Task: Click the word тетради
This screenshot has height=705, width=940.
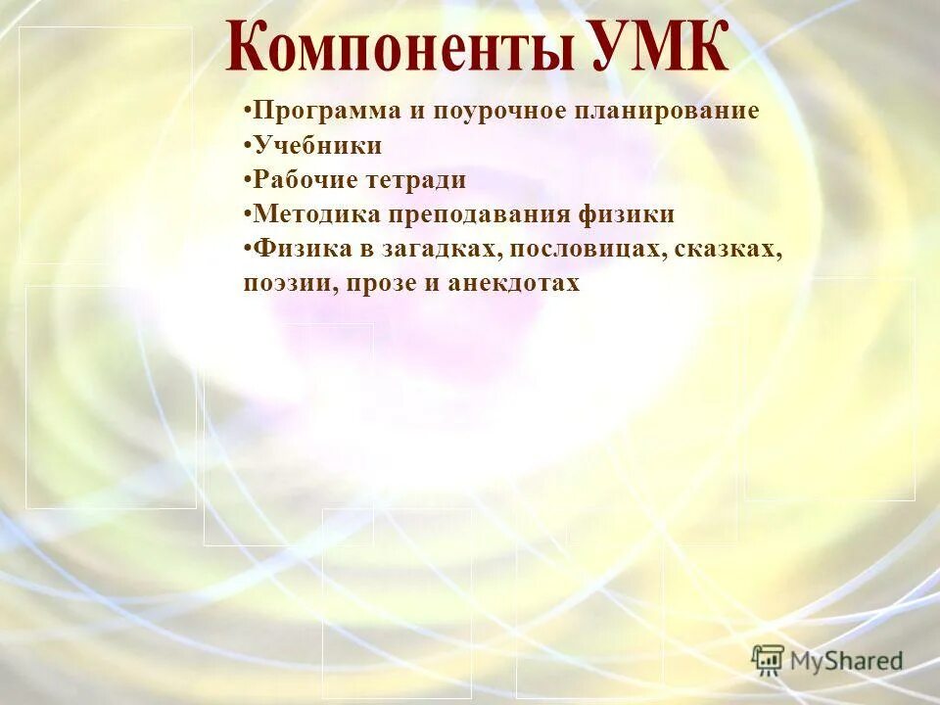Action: pos(421,180)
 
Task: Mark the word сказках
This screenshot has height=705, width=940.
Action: pos(734,249)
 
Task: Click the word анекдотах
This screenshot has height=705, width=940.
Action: pos(514,284)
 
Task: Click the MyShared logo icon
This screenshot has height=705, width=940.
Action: pos(768,661)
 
